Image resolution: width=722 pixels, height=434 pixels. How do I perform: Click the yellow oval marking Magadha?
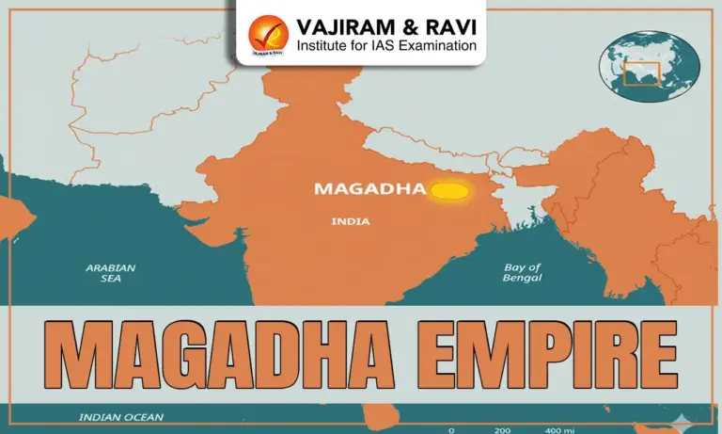(449, 191)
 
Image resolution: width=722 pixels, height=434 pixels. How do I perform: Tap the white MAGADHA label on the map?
(369, 188)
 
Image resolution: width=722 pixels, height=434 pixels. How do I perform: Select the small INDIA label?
(351, 222)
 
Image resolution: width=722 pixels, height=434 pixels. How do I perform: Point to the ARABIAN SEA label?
(110, 272)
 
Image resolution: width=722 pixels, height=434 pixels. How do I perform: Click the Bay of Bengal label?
(524, 272)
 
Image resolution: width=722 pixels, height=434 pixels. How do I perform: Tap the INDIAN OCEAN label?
(120, 417)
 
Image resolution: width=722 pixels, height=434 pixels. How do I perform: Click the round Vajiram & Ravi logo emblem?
(268, 34)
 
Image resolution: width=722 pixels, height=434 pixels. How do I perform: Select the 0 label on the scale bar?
(451, 429)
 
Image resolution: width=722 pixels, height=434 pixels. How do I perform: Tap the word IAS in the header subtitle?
(375, 45)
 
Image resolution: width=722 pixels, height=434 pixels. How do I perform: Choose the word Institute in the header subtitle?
(321, 45)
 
